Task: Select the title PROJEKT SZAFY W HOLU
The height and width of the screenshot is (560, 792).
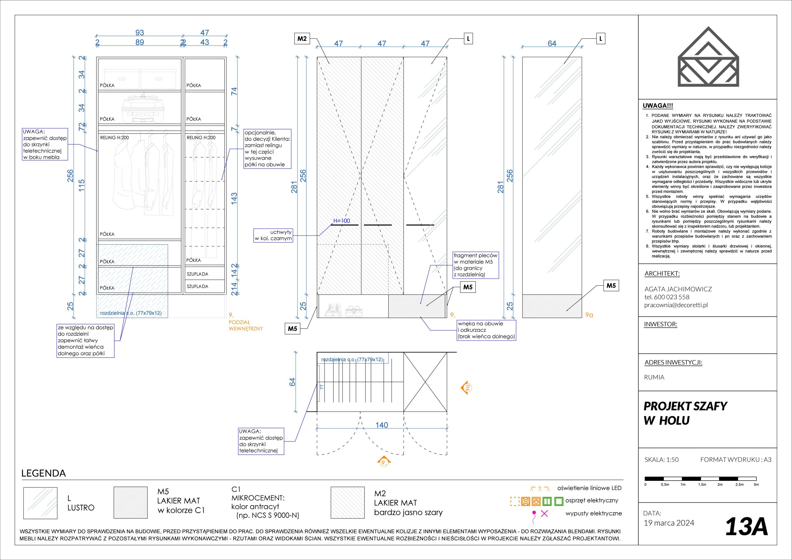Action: coord(685,413)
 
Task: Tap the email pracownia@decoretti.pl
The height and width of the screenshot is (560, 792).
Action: coord(676,305)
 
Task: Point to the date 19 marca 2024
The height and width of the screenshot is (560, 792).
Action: coord(669,523)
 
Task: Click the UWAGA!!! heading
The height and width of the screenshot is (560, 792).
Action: coord(658,106)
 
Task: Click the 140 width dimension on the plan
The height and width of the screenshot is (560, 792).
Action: coord(381,425)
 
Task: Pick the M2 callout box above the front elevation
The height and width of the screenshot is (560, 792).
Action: coord(302,39)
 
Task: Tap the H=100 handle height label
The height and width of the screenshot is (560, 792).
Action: coord(342,221)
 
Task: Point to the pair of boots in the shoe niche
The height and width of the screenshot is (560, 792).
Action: coord(333,311)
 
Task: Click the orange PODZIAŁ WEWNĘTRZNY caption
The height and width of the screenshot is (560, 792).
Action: coord(246,325)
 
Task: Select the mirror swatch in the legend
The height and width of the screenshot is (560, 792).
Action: coord(40,503)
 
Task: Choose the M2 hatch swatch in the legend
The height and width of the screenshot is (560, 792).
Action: coord(347,503)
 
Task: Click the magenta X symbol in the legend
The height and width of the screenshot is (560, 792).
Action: coord(544,513)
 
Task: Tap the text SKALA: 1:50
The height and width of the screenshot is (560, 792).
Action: coord(661,459)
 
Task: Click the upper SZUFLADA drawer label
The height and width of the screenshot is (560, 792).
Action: coord(197,274)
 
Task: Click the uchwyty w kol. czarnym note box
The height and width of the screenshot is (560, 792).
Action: coord(273,235)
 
